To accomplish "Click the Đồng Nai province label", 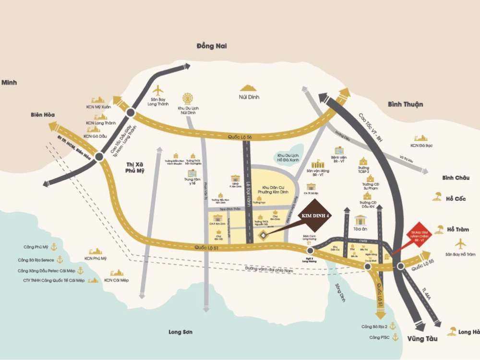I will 212,46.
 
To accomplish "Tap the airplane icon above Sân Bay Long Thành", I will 158,90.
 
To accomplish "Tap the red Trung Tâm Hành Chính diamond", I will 419,234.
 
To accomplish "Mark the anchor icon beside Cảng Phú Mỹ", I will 54,247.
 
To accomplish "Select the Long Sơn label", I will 180,332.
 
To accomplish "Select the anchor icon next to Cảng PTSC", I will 396,337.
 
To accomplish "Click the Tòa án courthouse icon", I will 360,220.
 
